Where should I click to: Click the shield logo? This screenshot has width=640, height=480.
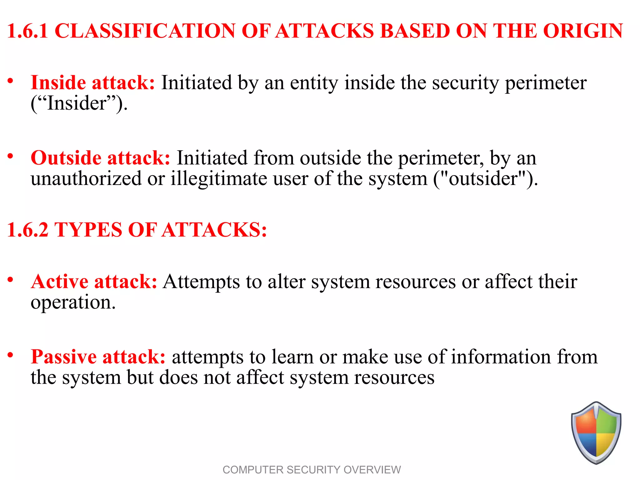click(x=596, y=432)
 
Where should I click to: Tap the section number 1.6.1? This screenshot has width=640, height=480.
click(x=27, y=31)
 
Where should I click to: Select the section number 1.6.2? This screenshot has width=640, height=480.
click(x=27, y=230)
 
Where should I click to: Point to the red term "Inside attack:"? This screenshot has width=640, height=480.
click(x=93, y=83)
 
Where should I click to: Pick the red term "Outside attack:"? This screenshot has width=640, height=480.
click(x=100, y=158)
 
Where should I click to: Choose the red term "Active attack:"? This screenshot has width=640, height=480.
click(x=94, y=282)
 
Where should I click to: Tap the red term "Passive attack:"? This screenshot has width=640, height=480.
click(x=98, y=357)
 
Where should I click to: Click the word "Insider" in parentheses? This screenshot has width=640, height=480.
click(x=77, y=103)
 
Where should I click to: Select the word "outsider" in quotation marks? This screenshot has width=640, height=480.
click(x=483, y=178)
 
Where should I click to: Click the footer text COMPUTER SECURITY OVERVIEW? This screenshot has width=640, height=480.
click(x=312, y=470)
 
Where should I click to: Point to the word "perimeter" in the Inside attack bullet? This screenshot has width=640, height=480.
click(x=546, y=83)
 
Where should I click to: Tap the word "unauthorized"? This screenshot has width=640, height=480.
click(x=86, y=178)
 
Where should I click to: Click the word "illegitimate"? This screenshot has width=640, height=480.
click(x=219, y=179)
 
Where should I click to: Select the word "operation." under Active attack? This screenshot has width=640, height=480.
click(x=73, y=303)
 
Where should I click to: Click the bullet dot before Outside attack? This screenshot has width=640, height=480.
click(x=11, y=156)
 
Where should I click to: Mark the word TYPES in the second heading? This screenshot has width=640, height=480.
click(x=88, y=230)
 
